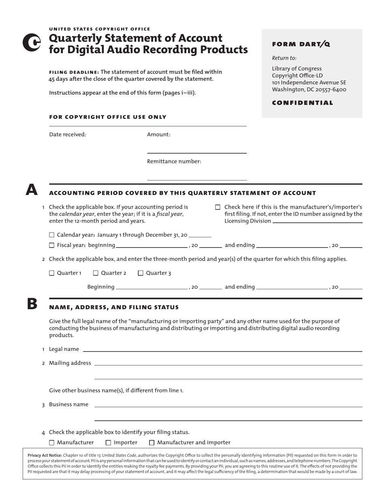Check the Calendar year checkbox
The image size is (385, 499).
coord(51,235)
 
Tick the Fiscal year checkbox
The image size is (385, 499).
coord(51,245)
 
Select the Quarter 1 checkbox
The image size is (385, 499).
coord(51,273)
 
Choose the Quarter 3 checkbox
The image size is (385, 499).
coord(141,273)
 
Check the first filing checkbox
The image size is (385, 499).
coord(218,207)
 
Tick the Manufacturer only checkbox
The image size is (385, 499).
coord(51,443)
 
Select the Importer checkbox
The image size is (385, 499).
coord(108,443)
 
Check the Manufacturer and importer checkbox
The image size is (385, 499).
coord(152,443)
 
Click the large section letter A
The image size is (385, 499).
coord(32,190)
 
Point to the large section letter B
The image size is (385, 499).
coord(32,304)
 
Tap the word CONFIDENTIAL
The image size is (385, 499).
coord(302,103)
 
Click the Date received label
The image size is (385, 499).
coord(68,135)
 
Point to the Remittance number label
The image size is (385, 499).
coord(174,161)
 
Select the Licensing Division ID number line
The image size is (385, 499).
coord(317,222)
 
